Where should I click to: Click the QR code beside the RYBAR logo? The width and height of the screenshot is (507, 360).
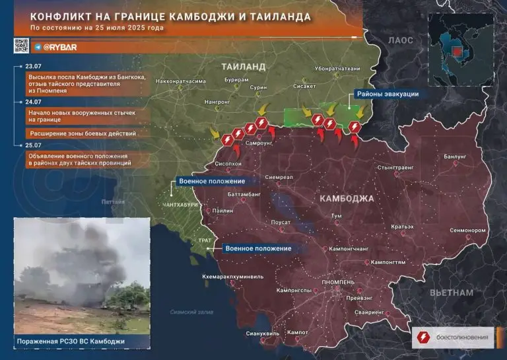(x=20, y=46)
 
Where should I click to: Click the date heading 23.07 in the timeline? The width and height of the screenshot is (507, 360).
(x=32, y=67)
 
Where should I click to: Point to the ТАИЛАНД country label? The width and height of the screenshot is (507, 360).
(x=243, y=67)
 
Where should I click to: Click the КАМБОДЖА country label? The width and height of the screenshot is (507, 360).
(x=346, y=198)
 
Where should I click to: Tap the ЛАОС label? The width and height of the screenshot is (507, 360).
(x=400, y=40)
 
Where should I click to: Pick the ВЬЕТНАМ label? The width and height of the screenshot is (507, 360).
(x=452, y=292)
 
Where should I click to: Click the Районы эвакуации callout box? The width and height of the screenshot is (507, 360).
(x=387, y=94)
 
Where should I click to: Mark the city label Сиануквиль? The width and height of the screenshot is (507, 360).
(x=263, y=334)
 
